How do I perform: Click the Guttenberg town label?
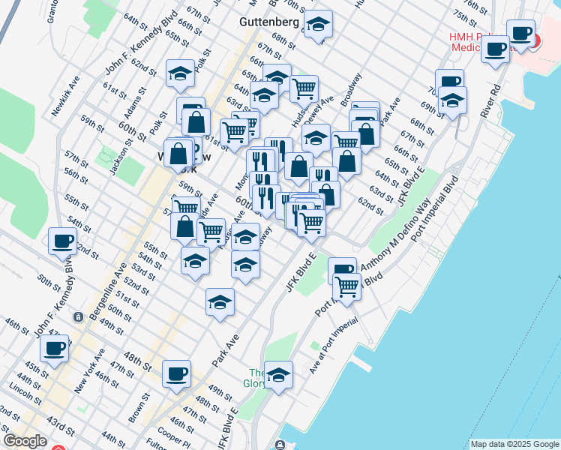[x=268, y=22]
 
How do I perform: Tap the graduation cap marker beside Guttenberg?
[x=319, y=26]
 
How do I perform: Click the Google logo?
[x=25, y=442]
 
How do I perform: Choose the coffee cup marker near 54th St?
[x=62, y=241]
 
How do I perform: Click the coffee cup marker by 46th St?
[x=55, y=349]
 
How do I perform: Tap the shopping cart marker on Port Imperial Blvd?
[x=346, y=286]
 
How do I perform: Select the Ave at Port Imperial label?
[x=333, y=347]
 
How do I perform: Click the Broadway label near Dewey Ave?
[x=351, y=88]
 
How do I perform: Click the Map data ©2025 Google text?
[x=514, y=444]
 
